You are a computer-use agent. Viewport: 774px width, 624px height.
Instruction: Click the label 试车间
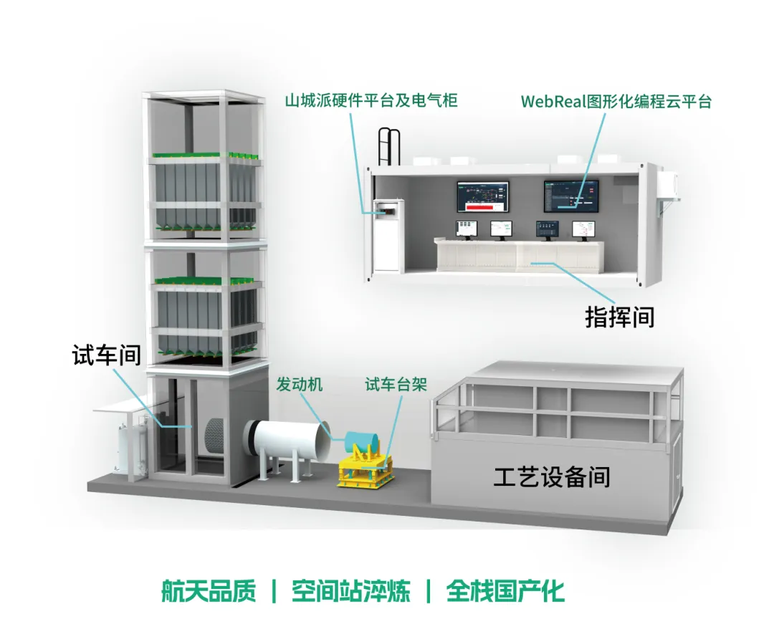(x=106, y=355)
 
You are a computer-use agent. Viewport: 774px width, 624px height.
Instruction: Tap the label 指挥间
(x=620, y=317)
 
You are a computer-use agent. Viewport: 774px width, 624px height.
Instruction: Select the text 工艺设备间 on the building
(x=552, y=476)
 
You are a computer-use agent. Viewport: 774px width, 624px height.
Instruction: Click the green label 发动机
(x=300, y=385)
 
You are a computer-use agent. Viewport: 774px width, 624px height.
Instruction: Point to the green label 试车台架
(x=396, y=385)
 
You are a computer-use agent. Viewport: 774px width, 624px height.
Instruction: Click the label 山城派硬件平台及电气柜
(x=371, y=100)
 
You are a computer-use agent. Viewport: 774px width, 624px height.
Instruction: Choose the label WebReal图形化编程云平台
(x=616, y=101)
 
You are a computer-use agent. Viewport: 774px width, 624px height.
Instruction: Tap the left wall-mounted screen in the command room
(x=483, y=197)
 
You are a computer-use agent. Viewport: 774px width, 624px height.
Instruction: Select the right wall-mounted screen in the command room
(x=570, y=196)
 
